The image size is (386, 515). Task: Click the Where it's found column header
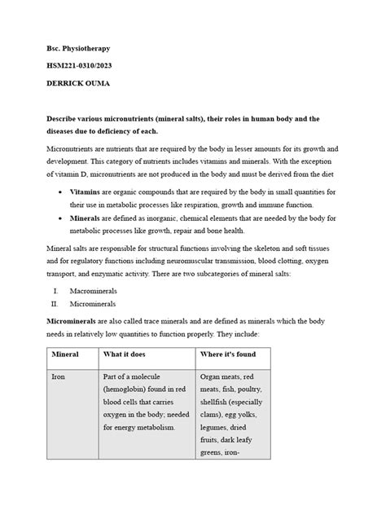[x=236, y=355]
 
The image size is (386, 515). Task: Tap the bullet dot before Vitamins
[x=63, y=191]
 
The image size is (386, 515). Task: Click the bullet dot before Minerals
[x=63, y=220]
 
